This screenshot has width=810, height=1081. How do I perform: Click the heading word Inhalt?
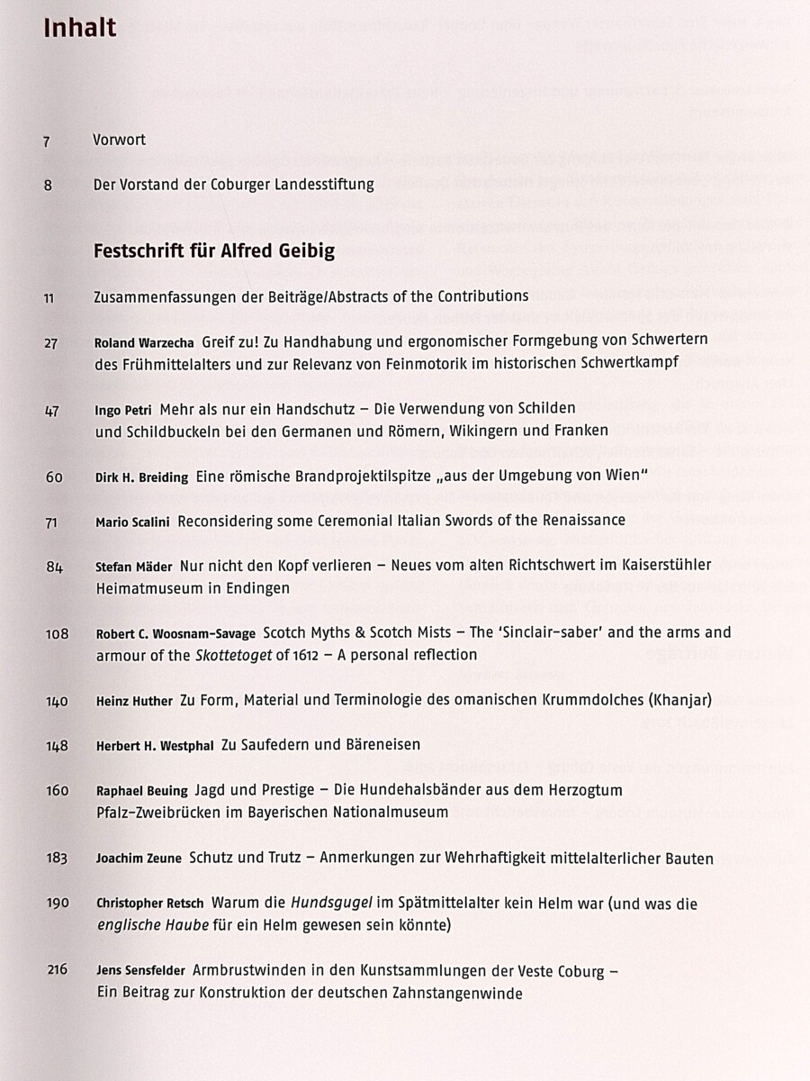coord(79,28)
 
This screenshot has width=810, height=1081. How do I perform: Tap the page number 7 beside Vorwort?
coord(46,141)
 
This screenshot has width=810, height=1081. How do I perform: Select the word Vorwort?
coord(120,141)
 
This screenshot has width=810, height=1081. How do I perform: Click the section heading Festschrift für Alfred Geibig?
coord(214,251)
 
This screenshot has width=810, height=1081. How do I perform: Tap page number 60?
coord(53,477)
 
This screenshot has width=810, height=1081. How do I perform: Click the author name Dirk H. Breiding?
coord(141,478)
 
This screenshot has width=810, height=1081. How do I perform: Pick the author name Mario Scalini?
coord(132,522)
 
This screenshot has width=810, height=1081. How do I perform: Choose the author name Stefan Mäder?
coord(133,567)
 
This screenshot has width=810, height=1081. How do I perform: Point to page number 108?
coord(57,633)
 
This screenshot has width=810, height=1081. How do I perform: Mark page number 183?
coord(56,858)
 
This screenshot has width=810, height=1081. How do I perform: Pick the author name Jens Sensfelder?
coord(140,971)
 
